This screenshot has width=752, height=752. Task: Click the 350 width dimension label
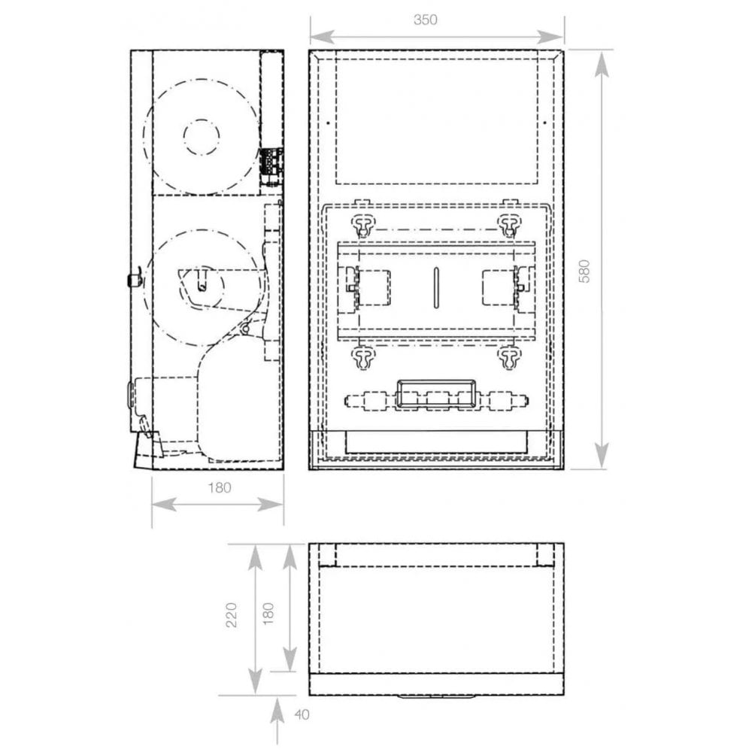pos(426,20)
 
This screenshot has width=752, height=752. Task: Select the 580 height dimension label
pos(584,271)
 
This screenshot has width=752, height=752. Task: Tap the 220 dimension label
pos(231,615)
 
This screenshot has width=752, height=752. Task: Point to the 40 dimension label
pos(302,714)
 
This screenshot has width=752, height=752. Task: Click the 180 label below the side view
pos(220,488)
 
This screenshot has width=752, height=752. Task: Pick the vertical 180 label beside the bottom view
pos(268,614)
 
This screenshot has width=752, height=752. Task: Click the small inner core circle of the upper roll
pos(202,137)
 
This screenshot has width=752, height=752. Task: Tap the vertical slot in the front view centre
pos(436,287)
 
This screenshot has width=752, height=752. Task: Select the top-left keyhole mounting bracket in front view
pos(365,225)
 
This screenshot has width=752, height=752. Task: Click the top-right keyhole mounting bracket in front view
pos(508,225)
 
